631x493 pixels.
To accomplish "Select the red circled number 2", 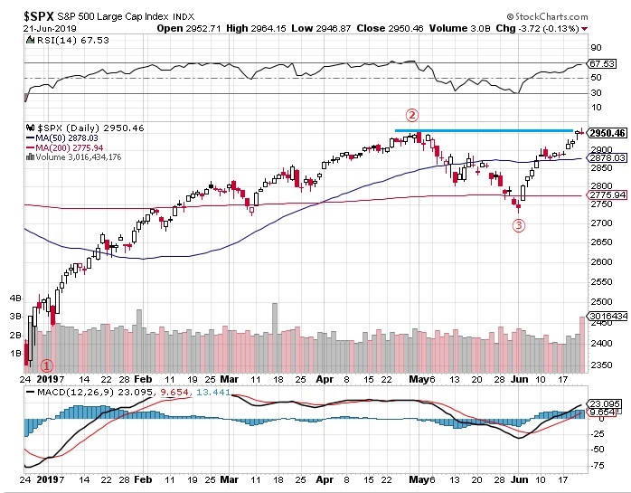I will [x=412, y=115].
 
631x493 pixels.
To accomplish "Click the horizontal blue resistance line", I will [x=489, y=131].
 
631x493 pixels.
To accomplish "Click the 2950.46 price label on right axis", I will [x=607, y=133].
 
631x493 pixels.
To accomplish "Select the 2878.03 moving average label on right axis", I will [x=607, y=157].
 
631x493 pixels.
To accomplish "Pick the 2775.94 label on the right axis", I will [x=607, y=195].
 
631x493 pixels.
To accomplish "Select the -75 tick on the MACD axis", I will [x=597, y=465].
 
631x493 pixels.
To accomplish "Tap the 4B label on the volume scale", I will [x=14, y=297].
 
